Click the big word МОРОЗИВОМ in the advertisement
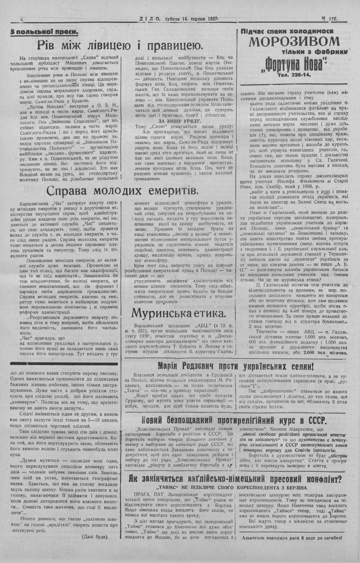(x=294, y=41)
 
